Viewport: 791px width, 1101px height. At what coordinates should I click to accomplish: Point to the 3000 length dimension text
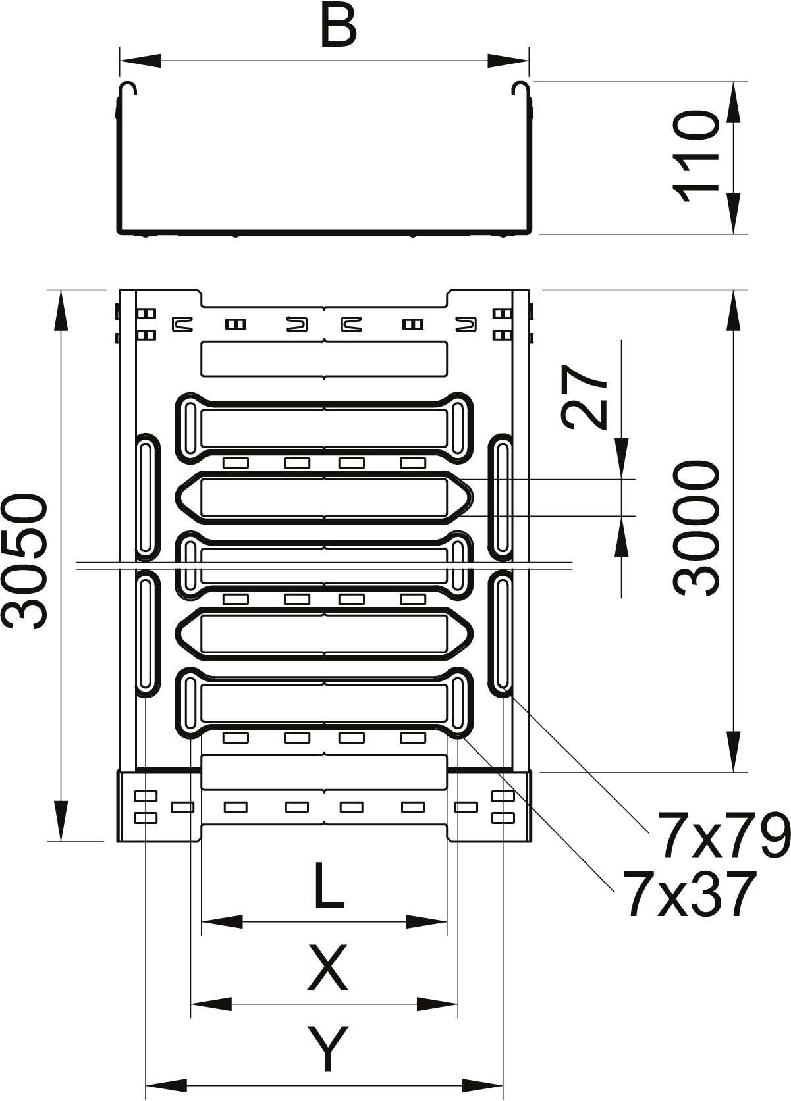[695, 528]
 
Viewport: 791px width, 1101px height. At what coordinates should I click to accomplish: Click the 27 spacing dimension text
[584, 397]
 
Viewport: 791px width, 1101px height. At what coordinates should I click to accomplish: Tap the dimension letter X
[327, 968]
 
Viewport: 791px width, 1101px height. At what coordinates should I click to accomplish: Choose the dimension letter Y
[327, 1049]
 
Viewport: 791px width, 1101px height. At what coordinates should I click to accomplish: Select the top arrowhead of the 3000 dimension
[734, 310]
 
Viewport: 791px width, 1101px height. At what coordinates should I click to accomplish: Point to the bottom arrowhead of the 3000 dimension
[734, 751]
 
